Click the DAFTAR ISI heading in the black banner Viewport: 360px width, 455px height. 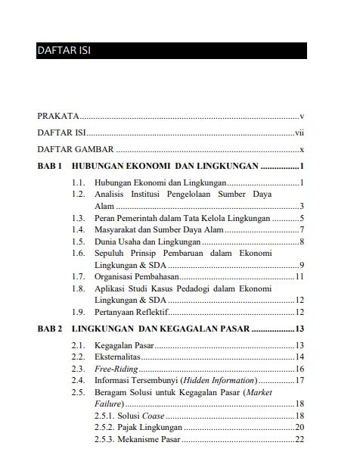tap(65, 51)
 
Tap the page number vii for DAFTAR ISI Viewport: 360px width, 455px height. tap(299, 132)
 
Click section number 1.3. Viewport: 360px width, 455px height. tap(78, 217)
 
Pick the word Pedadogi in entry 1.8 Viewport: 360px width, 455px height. tap(198, 288)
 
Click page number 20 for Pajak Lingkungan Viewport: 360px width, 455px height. tap(299, 427)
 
